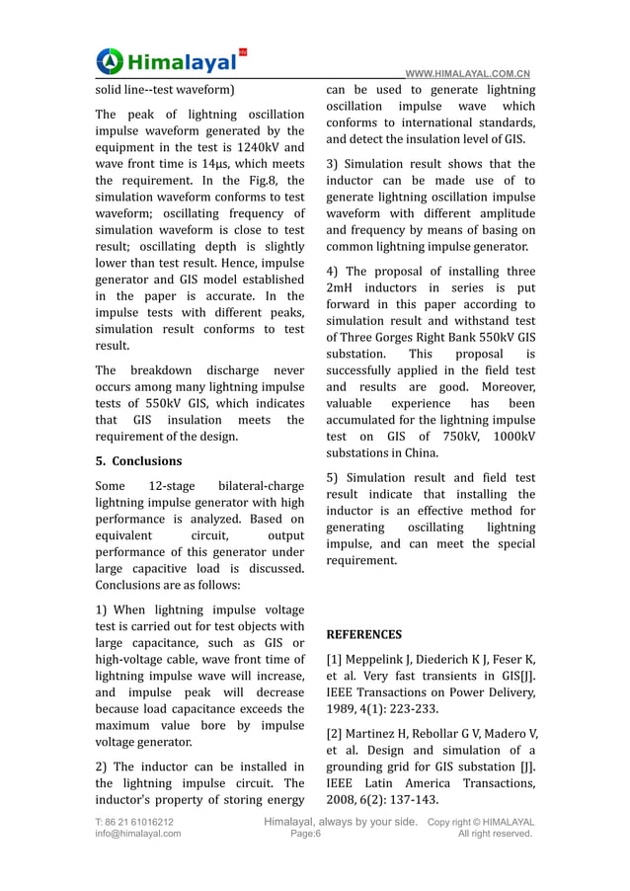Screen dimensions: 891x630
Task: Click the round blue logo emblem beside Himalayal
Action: pos(110,60)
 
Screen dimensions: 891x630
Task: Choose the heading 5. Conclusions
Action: pos(138,461)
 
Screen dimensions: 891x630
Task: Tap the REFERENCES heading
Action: pos(364,634)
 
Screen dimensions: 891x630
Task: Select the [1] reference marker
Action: pos(335,659)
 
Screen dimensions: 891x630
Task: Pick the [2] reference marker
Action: pos(335,733)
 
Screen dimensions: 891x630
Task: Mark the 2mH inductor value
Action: pos(344,287)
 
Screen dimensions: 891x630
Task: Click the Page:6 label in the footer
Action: pos(305,834)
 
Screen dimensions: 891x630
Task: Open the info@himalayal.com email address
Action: pos(138,834)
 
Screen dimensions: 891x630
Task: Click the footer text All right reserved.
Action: pos(496,834)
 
